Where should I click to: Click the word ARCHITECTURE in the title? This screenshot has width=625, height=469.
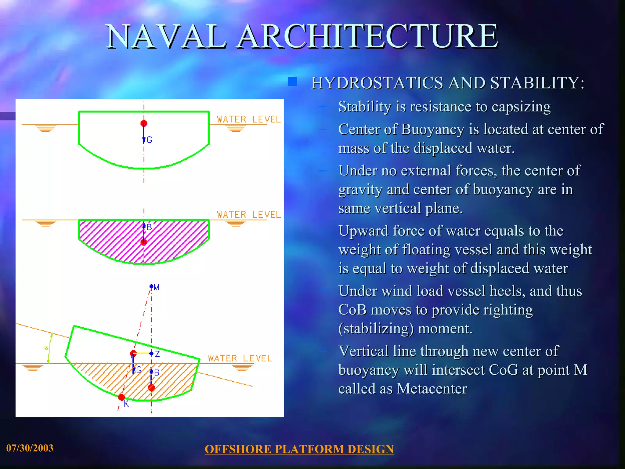pos(368,37)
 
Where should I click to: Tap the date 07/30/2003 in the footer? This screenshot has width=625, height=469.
pos(30,448)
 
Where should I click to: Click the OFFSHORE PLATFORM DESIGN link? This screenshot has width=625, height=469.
pos(299,449)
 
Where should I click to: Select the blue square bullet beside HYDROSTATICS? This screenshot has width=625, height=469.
pos(292,81)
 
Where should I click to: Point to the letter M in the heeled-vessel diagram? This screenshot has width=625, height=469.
pos(157,287)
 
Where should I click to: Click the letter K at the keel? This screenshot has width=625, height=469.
pos(126,404)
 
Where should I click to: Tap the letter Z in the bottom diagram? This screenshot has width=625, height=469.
pos(157,354)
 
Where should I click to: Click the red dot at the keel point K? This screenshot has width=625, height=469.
pos(121,397)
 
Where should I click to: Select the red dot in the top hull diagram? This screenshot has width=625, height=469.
pos(144,123)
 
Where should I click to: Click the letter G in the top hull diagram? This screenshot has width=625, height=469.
pos(149,140)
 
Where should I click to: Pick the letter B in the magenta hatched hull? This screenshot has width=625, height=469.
pos(149,227)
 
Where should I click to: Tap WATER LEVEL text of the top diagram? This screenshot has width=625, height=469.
pos(249,119)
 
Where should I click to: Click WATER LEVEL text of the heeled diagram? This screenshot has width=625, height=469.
pos(240,358)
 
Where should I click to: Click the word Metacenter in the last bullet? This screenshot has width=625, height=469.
pos(432,389)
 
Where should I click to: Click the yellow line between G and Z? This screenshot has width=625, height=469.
pos(142,353)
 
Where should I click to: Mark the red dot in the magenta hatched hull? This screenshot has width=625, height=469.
pos(144,242)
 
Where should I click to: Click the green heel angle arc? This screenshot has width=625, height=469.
pos(49,348)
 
